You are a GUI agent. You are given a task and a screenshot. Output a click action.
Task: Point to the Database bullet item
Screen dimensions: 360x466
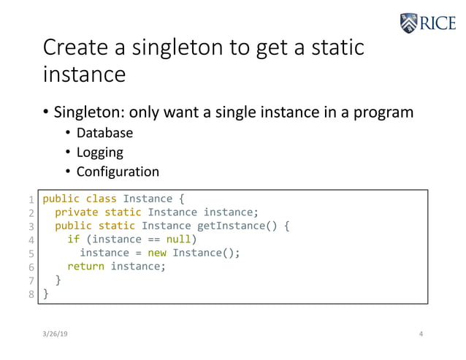point(104,133)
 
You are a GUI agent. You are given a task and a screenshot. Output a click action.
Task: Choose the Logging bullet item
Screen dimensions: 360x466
point(99,153)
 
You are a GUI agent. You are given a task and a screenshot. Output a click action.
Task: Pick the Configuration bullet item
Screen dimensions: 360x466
point(118,172)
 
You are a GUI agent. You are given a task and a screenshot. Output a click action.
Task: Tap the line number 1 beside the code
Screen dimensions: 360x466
point(31,199)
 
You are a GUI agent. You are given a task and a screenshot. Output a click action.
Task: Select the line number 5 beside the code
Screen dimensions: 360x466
point(31,253)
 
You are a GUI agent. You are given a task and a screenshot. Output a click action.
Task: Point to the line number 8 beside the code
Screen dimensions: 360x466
point(31,294)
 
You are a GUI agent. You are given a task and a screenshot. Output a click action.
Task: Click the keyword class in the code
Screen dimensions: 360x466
point(101,199)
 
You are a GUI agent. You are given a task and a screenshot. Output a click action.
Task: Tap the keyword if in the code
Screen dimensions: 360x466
point(73,240)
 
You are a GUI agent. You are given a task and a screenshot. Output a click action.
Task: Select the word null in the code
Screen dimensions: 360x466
point(178,240)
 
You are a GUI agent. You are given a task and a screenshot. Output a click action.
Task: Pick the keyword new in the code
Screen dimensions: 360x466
point(157,253)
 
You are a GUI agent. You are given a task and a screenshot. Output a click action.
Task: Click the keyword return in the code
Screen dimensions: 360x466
point(85,267)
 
